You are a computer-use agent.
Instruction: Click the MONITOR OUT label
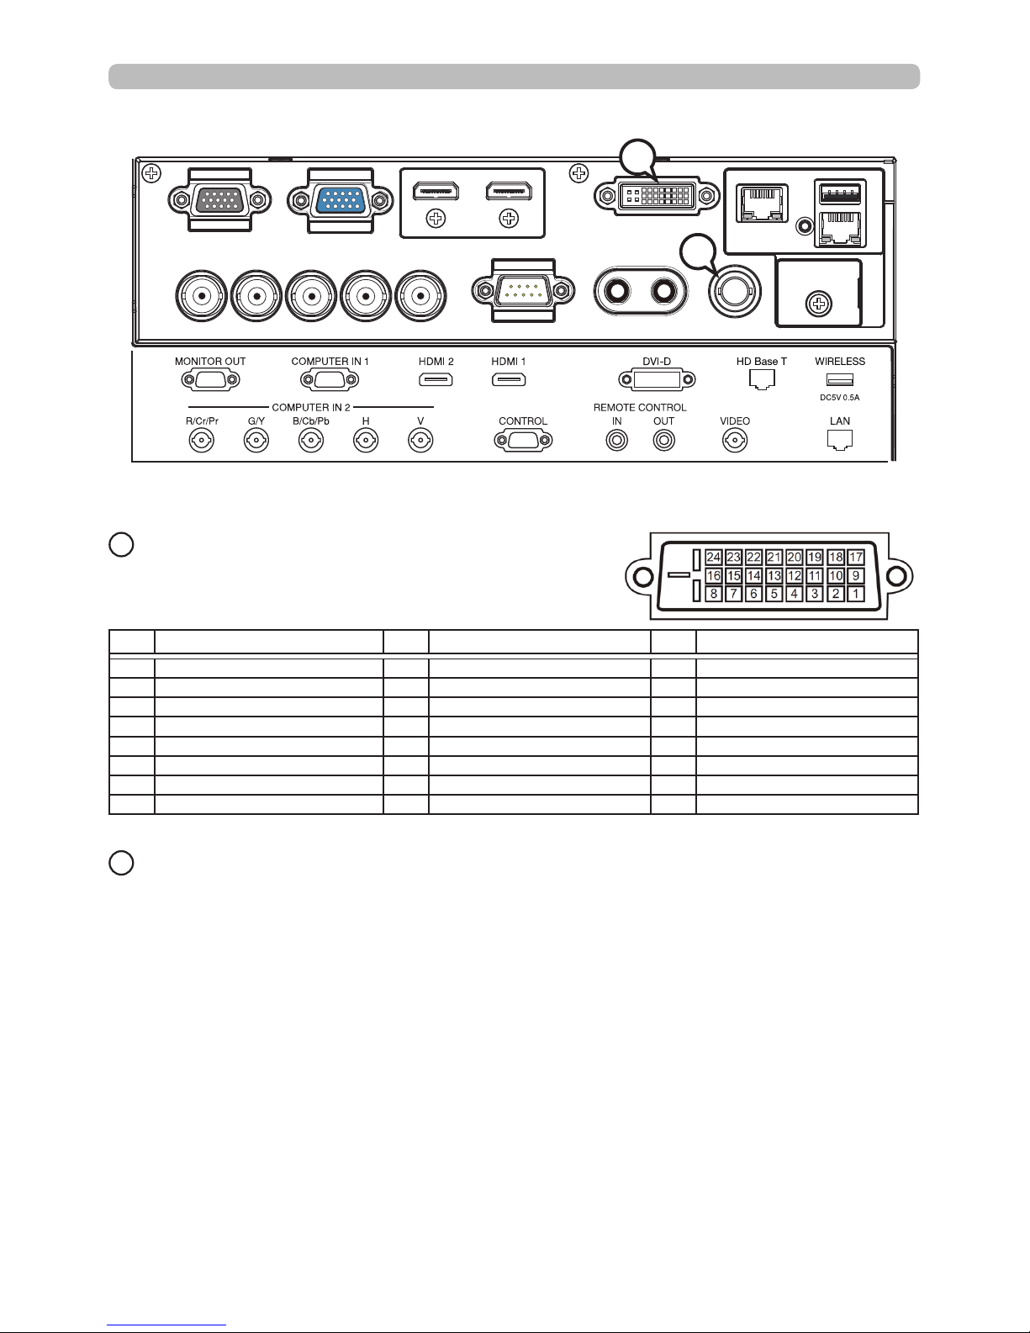(210, 362)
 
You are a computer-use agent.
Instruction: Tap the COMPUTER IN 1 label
(330, 362)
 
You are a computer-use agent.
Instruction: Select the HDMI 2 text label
(436, 362)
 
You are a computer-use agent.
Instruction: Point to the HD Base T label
(761, 362)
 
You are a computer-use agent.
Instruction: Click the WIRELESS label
(839, 362)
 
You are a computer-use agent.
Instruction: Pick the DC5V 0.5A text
(839, 397)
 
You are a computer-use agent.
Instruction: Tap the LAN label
(839, 421)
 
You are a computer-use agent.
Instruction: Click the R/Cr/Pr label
(202, 421)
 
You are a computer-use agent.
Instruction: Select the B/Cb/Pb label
(311, 421)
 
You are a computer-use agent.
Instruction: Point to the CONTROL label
(523, 421)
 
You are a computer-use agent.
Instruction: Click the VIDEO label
(735, 421)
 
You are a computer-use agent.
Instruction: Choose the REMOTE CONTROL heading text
(640, 408)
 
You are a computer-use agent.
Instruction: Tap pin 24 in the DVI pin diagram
(714, 558)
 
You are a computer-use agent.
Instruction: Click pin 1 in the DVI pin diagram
(855, 594)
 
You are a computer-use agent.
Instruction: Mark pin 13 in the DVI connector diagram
(774, 576)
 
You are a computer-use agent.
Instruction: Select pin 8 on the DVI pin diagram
(714, 594)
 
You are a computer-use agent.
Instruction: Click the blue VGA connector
(341, 200)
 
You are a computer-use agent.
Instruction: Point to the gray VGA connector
(219, 200)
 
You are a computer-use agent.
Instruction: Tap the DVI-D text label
(657, 362)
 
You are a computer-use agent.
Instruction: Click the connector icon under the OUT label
(664, 440)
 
